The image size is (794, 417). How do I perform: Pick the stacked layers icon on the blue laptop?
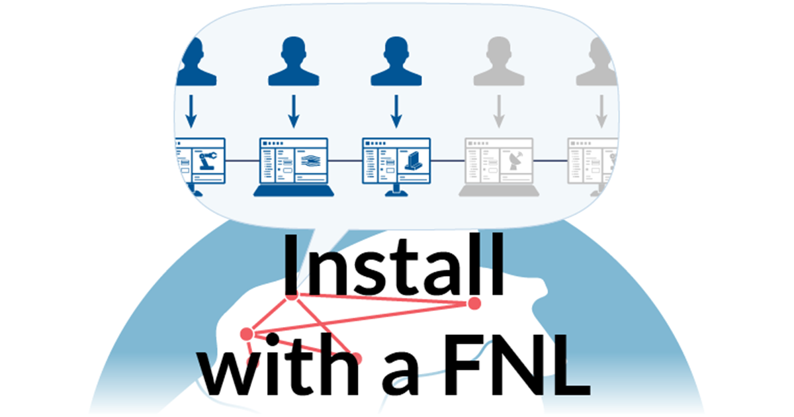[309, 161]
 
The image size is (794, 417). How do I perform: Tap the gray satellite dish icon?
[515, 161]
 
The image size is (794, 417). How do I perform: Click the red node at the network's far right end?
[474, 303]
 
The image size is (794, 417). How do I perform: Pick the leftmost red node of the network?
[247, 333]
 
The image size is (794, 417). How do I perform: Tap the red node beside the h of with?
[357, 359]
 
